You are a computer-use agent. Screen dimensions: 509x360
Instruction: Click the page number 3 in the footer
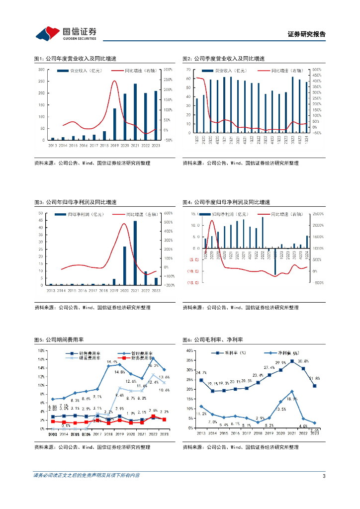[324, 476]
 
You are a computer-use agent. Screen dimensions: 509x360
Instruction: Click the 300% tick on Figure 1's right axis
[168, 70]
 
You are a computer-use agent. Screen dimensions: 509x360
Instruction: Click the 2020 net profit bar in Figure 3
[125, 266]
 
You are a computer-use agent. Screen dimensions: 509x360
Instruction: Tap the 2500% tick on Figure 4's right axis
[317, 214]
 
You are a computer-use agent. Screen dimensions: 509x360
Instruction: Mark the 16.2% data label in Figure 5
[153, 365]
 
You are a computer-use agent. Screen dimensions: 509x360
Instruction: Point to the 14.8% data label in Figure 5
[119, 372]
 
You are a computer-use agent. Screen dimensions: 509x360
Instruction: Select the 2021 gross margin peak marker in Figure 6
[292, 361]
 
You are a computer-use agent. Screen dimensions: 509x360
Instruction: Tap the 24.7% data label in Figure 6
[201, 373]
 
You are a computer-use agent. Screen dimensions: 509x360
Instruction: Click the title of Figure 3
[75, 202]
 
